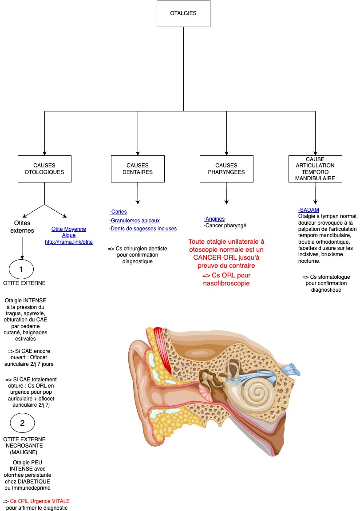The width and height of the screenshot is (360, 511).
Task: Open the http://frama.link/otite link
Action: (69, 242)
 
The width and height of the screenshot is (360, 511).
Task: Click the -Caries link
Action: (118, 212)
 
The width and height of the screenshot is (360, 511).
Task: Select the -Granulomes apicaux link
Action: (135, 221)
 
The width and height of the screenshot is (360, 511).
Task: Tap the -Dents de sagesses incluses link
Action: (142, 229)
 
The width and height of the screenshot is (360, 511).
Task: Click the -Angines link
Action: (214, 219)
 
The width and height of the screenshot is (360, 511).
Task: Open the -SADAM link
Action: (309, 210)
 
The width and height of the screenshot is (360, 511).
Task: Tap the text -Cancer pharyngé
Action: (225, 226)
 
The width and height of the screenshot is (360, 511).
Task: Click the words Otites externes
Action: (22, 227)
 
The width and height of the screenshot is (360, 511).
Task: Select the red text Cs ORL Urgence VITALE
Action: (40, 501)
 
